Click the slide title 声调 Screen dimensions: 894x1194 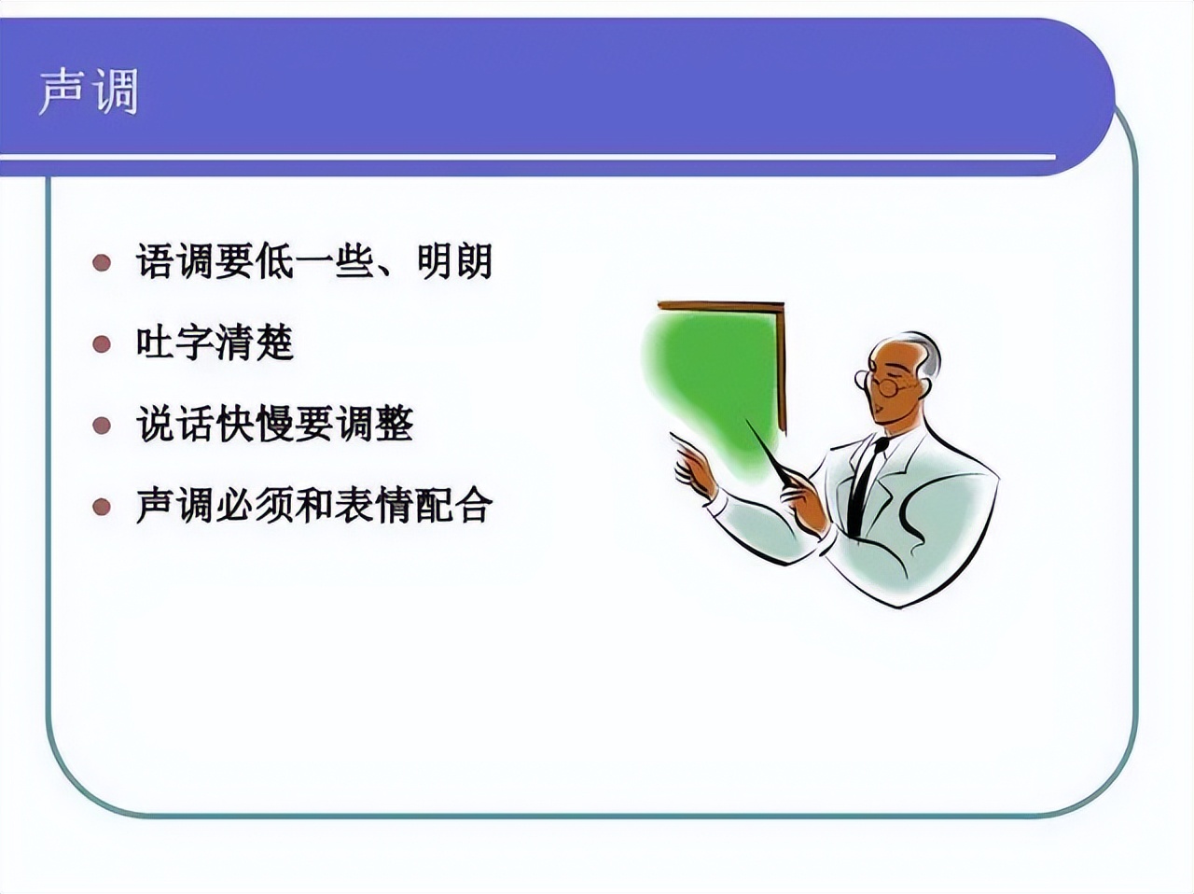point(89,91)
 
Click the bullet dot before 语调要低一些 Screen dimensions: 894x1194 point(102,262)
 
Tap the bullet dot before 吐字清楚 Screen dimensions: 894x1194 point(102,344)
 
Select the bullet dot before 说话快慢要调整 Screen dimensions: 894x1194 point(102,426)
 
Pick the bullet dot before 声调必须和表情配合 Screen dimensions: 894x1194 point(102,508)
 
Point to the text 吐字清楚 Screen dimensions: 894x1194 point(215,343)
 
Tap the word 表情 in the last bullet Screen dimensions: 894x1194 point(394,507)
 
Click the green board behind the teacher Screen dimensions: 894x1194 point(714,383)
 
